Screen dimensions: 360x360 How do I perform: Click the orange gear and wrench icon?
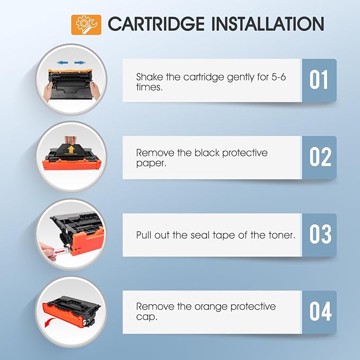point(86,24)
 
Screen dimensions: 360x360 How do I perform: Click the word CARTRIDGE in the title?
point(155,24)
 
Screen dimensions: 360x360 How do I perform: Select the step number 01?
point(319,81)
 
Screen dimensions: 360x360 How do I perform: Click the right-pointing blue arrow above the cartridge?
point(80,63)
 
